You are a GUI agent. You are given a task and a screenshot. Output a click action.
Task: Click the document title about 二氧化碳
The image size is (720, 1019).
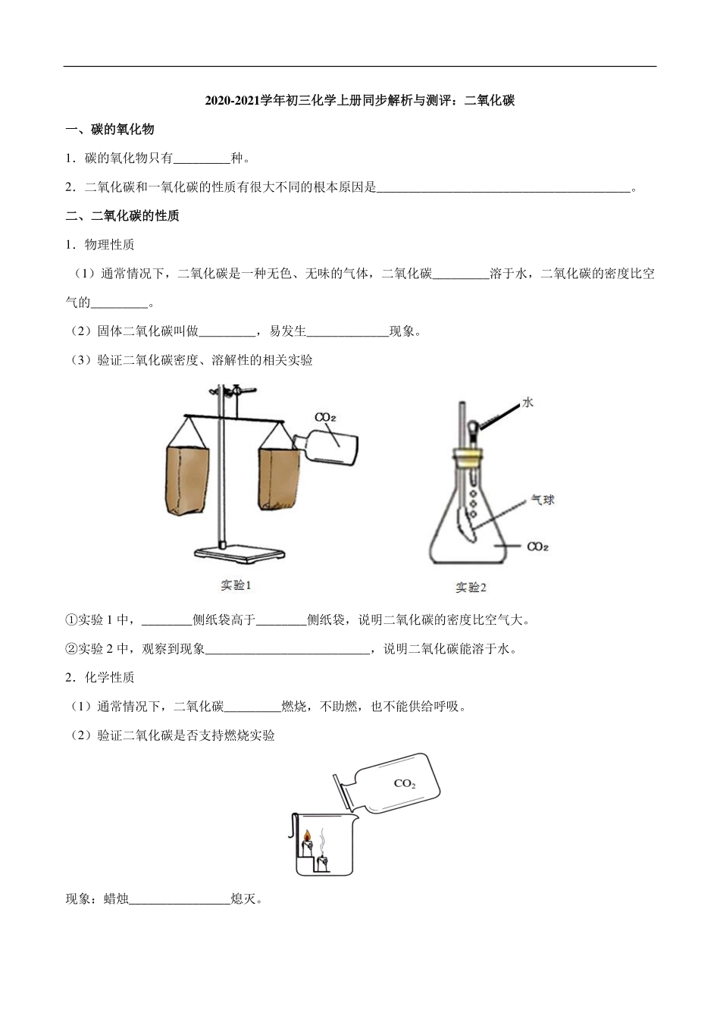click(x=360, y=100)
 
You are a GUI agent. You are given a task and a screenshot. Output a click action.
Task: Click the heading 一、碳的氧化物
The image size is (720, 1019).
click(x=110, y=130)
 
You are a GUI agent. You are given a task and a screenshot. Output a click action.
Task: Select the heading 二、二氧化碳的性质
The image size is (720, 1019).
click(x=123, y=216)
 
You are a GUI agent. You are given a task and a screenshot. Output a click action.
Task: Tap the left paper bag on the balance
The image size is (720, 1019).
click(x=186, y=479)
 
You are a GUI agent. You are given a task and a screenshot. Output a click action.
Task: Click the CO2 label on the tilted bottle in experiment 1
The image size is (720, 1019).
click(x=325, y=418)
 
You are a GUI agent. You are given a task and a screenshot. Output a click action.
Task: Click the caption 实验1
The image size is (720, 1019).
click(x=236, y=585)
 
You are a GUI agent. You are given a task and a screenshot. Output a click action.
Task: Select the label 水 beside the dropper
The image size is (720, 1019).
click(x=527, y=403)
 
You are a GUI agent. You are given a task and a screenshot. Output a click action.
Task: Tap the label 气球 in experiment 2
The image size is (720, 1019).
click(x=542, y=500)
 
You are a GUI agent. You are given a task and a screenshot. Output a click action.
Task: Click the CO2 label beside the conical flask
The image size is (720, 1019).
click(x=537, y=546)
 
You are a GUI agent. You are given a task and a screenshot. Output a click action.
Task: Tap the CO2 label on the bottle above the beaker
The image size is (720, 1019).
click(x=404, y=784)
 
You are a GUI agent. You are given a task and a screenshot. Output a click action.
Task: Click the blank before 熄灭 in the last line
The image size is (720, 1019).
click(x=180, y=900)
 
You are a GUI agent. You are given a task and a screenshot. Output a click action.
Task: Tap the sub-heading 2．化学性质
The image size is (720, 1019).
click(x=100, y=677)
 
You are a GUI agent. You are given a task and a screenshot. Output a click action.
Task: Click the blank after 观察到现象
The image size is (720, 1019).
click(x=287, y=649)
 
